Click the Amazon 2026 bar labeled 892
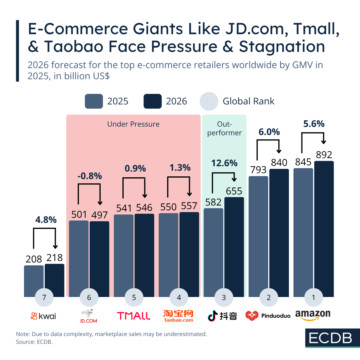pyautogui.click(x=324, y=228)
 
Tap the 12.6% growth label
pyautogui.click(x=224, y=163)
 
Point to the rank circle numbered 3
pyautogui.click(x=224, y=297)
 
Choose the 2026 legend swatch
pyautogui.click(x=153, y=101)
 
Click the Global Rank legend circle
pyautogui.click(x=209, y=101)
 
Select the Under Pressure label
pyautogui.click(x=133, y=124)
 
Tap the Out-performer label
pyautogui.click(x=224, y=128)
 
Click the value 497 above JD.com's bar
pyautogui.click(x=99, y=215)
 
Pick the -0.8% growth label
pyautogui.click(x=89, y=176)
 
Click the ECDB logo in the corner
pyautogui.click(x=330, y=338)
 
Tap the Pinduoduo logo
pyautogui.click(x=268, y=316)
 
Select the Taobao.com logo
pyautogui.click(x=178, y=316)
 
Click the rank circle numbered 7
pyautogui.click(x=44, y=297)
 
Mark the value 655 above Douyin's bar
pyautogui.click(x=234, y=191)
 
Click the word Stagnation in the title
pyautogui.click(x=282, y=46)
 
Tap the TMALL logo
pyautogui.click(x=133, y=316)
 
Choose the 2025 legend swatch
pyautogui.click(x=94, y=101)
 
